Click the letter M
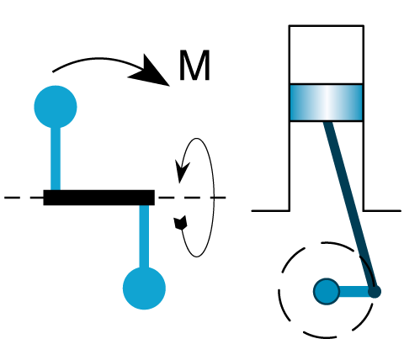194,66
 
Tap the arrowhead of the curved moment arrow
151,72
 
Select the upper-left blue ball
56,107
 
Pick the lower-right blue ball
144,289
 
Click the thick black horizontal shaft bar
98,198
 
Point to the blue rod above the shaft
56,158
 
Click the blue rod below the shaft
144,236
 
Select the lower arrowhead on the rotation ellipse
180,223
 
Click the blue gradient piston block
327,103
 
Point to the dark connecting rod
349,206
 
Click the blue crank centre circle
327,291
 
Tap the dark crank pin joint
375,292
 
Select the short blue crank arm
354,292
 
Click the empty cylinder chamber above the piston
327,55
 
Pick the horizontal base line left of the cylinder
270,210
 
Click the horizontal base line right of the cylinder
382,210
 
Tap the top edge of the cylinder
327,26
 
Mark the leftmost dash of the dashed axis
12,198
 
